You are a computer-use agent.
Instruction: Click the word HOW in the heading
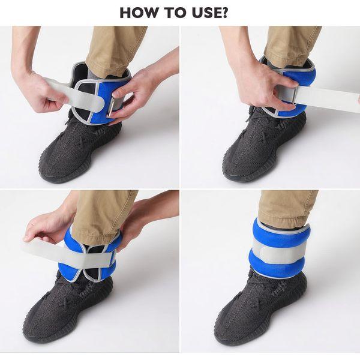pyautogui.click(x=137, y=13)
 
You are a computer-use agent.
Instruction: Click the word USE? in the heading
pyautogui.click(x=210, y=13)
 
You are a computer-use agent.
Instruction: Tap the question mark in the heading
pyautogui.click(x=224, y=13)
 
